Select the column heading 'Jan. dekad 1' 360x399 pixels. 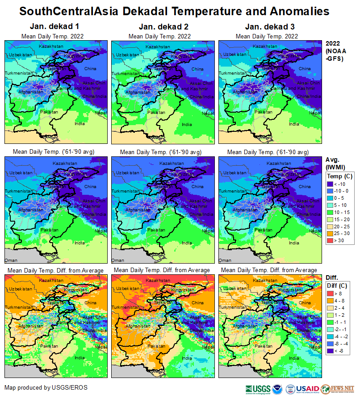[x=52, y=27]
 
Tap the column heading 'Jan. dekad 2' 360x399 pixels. [x=159, y=27]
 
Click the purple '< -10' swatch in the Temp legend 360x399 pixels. [x=331, y=184]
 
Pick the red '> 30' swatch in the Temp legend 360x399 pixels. [x=331, y=240]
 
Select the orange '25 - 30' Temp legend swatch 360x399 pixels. [x=331, y=233]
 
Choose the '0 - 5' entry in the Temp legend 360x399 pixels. [x=331, y=198]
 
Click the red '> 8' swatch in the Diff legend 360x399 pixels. [x=331, y=293]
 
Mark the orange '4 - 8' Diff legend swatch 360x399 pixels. [x=331, y=300]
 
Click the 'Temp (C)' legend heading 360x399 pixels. [x=339, y=176]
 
